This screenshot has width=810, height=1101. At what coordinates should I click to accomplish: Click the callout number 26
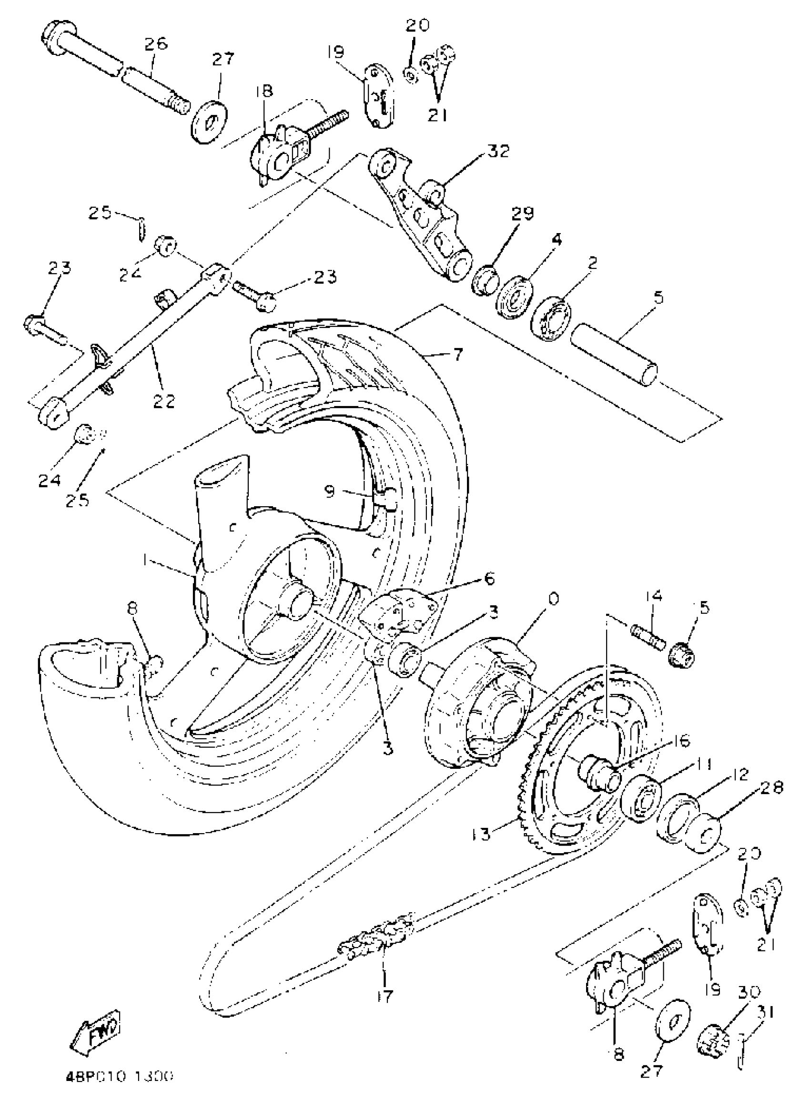pos(155,43)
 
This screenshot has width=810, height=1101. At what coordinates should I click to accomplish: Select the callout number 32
pos(497,150)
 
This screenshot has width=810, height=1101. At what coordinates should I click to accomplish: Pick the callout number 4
pos(556,240)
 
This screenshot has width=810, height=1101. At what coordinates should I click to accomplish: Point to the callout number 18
pos(264,91)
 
